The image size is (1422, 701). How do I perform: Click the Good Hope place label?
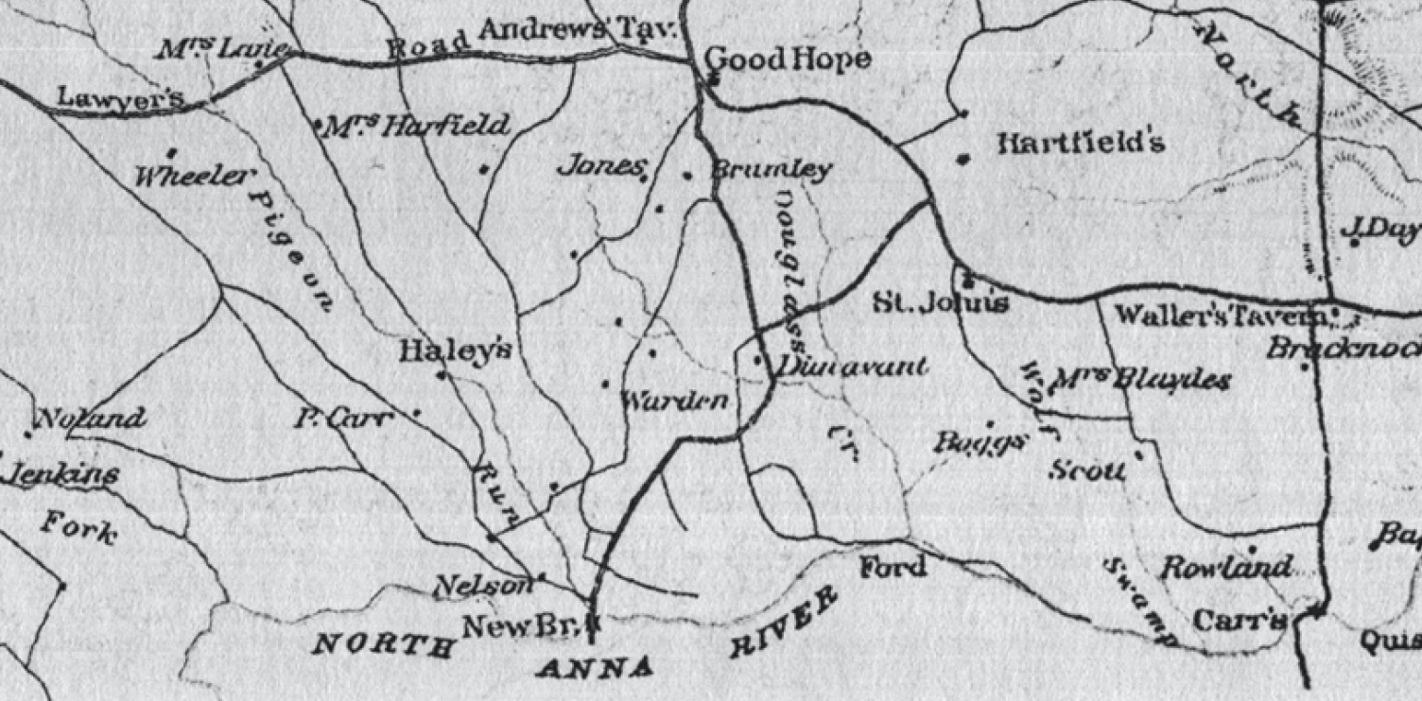pyautogui.click(x=788, y=60)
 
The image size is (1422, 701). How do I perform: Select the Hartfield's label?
pyautogui.click(x=1082, y=145)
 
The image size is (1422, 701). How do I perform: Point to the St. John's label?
pyautogui.click(x=940, y=303)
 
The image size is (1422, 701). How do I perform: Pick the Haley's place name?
pyautogui.click(x=456, y=352)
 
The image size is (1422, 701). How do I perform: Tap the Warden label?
pyautogui.click(x=674, y=402)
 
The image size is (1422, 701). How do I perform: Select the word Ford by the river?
pyautogui.click(x=893, y=568)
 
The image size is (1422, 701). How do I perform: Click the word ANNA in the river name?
pyautogui.click(x=595, y=669)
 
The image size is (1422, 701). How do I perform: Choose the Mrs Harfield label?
pyautogui.click(x=416, y=126)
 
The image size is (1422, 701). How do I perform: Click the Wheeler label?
pyautogui.click(x=195, y=177)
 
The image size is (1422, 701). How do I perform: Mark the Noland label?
pyautogui.click(x=91, y=419)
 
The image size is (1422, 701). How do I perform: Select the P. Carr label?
pyautogui.click(x=341, y=419)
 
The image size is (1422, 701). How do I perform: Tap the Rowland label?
pyautogui.click(x=1225, y=569)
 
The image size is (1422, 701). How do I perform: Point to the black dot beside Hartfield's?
pyautogui.click(x=962, y=159)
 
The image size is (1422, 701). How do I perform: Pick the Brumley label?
pyautogui.click(x=771, y=170)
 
